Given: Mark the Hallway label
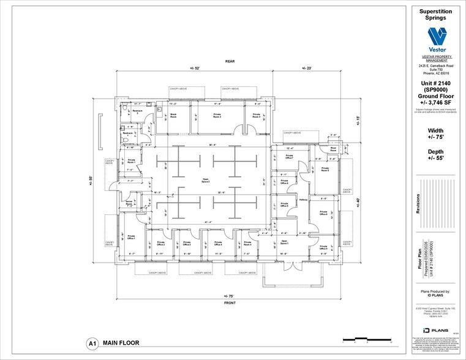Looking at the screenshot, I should [x=303, y=200].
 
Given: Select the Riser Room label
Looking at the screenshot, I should [x=334, y=149].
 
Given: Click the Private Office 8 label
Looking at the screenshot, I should [x=323, y=213].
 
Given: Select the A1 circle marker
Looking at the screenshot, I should [x=92, y=344].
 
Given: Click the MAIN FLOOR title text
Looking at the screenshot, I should [x=121, y=344].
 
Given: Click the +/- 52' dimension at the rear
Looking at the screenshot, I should [x=195, y=68].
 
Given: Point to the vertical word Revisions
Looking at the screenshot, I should [x=419, y=209].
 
